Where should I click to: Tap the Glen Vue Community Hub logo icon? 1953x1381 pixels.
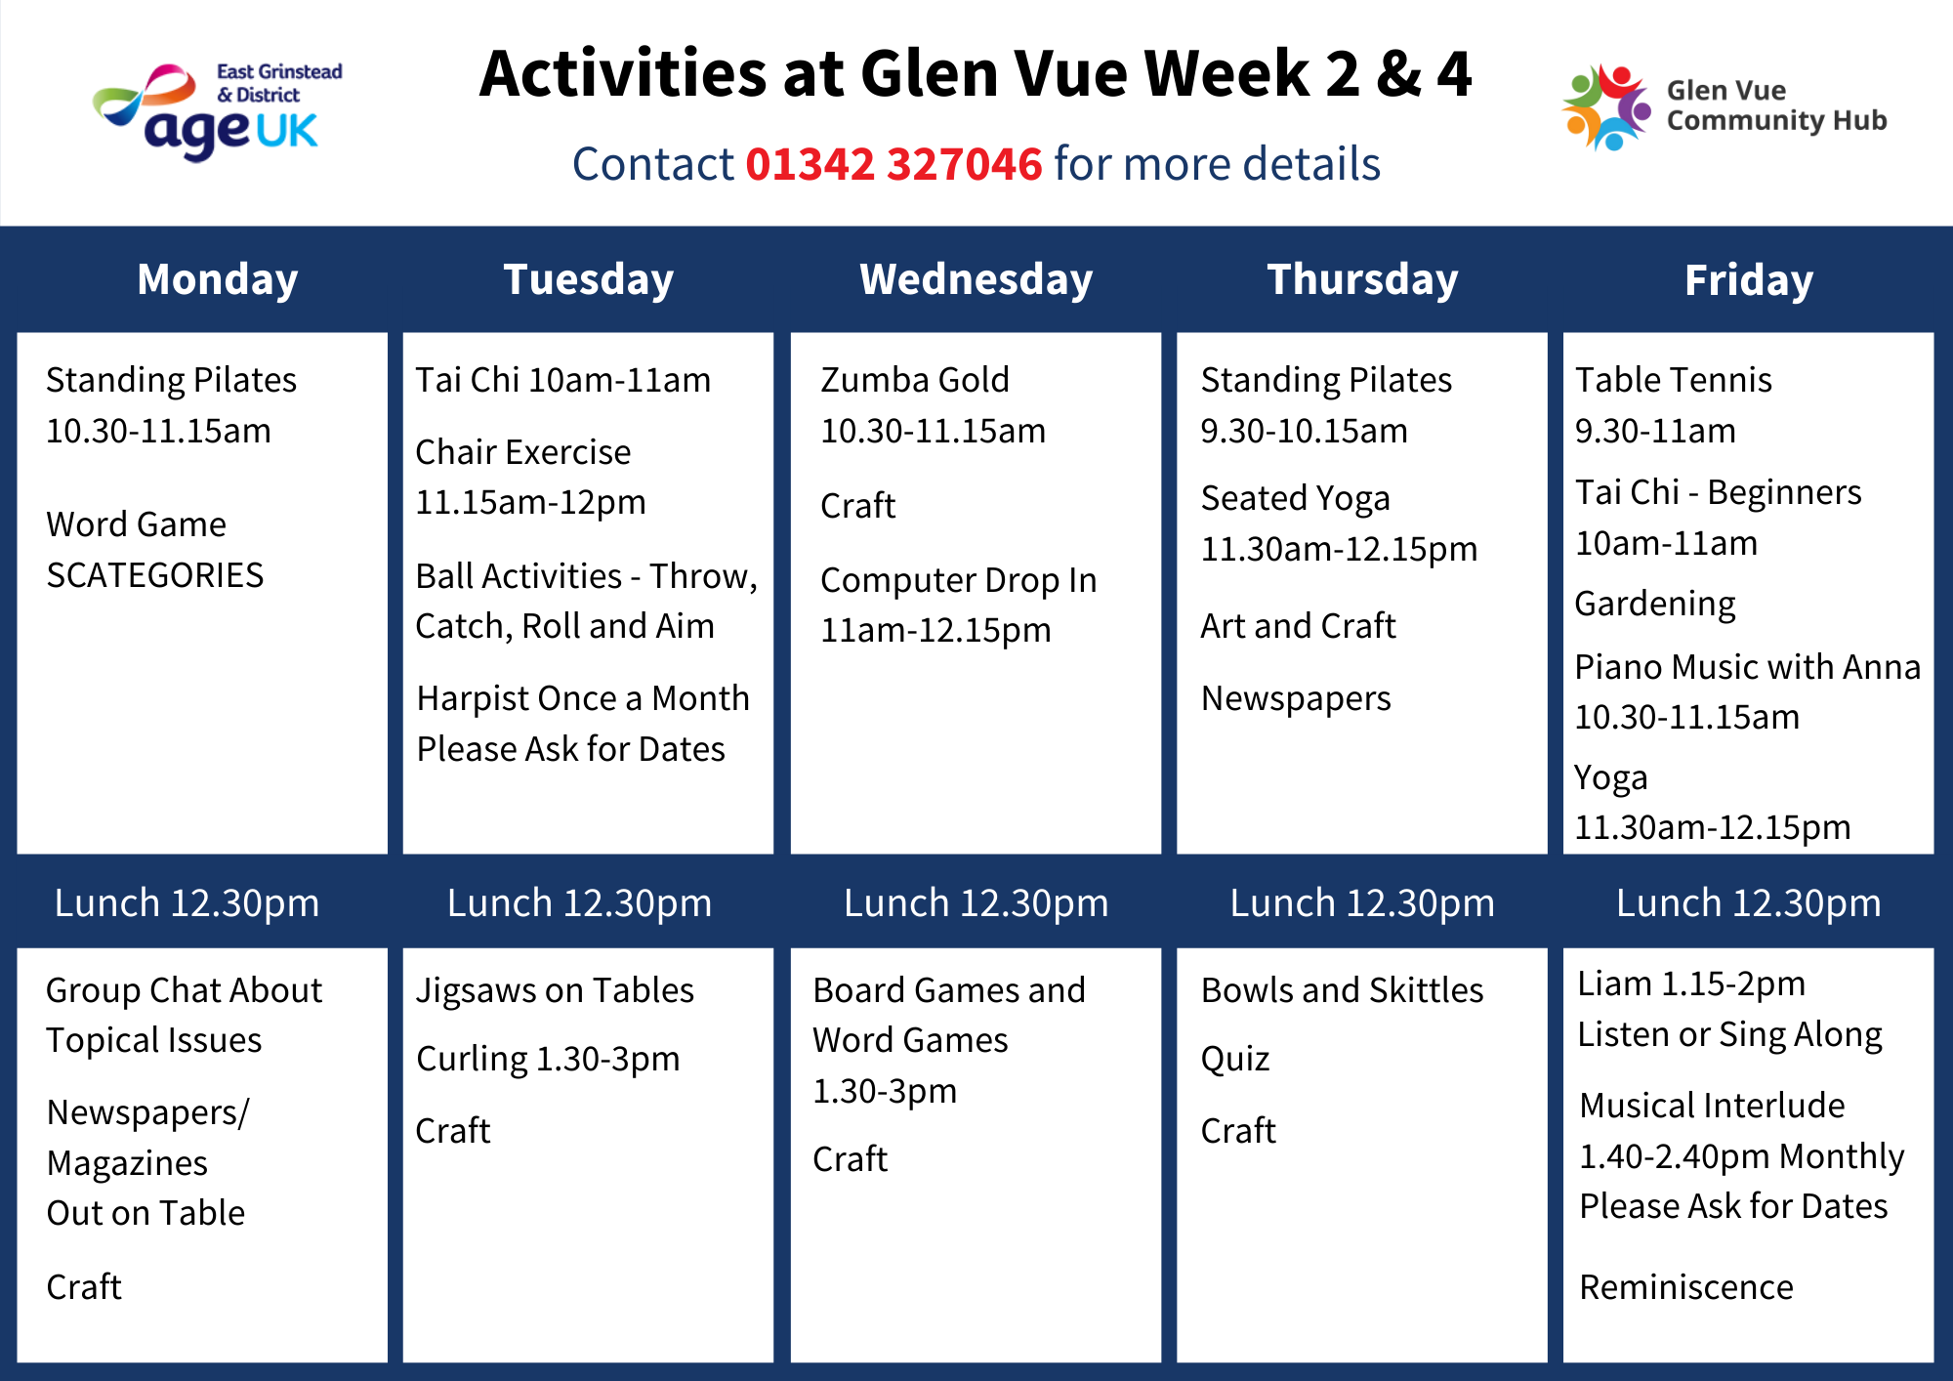[1606, 106]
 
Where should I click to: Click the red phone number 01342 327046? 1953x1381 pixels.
[893, 163]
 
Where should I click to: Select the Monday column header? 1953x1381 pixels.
[218, 279]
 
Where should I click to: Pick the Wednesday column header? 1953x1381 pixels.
[976, 279]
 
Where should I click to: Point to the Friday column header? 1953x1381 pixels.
[1748, 280]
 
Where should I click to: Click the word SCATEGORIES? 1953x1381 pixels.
[155, 574]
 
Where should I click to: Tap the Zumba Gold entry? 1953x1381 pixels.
[915, 379]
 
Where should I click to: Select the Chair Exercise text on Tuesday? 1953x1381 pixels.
[523, 451]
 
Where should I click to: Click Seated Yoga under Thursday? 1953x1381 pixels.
[1295, 498]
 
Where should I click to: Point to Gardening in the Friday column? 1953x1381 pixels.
[1655, 604]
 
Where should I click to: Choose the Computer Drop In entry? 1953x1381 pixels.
[958, 580]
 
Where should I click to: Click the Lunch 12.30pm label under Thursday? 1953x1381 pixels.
[1362, 903]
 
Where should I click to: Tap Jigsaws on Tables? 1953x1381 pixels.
[555, 990]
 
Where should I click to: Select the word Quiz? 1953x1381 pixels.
[1235, 1059]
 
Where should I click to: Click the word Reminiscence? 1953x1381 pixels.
[1686, 1286]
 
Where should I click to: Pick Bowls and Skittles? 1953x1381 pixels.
[1342, 990]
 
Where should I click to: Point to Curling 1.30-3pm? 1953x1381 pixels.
[548, 1059]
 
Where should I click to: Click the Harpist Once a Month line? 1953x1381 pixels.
[583, 698]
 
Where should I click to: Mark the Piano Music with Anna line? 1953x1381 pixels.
[1748, 666]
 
